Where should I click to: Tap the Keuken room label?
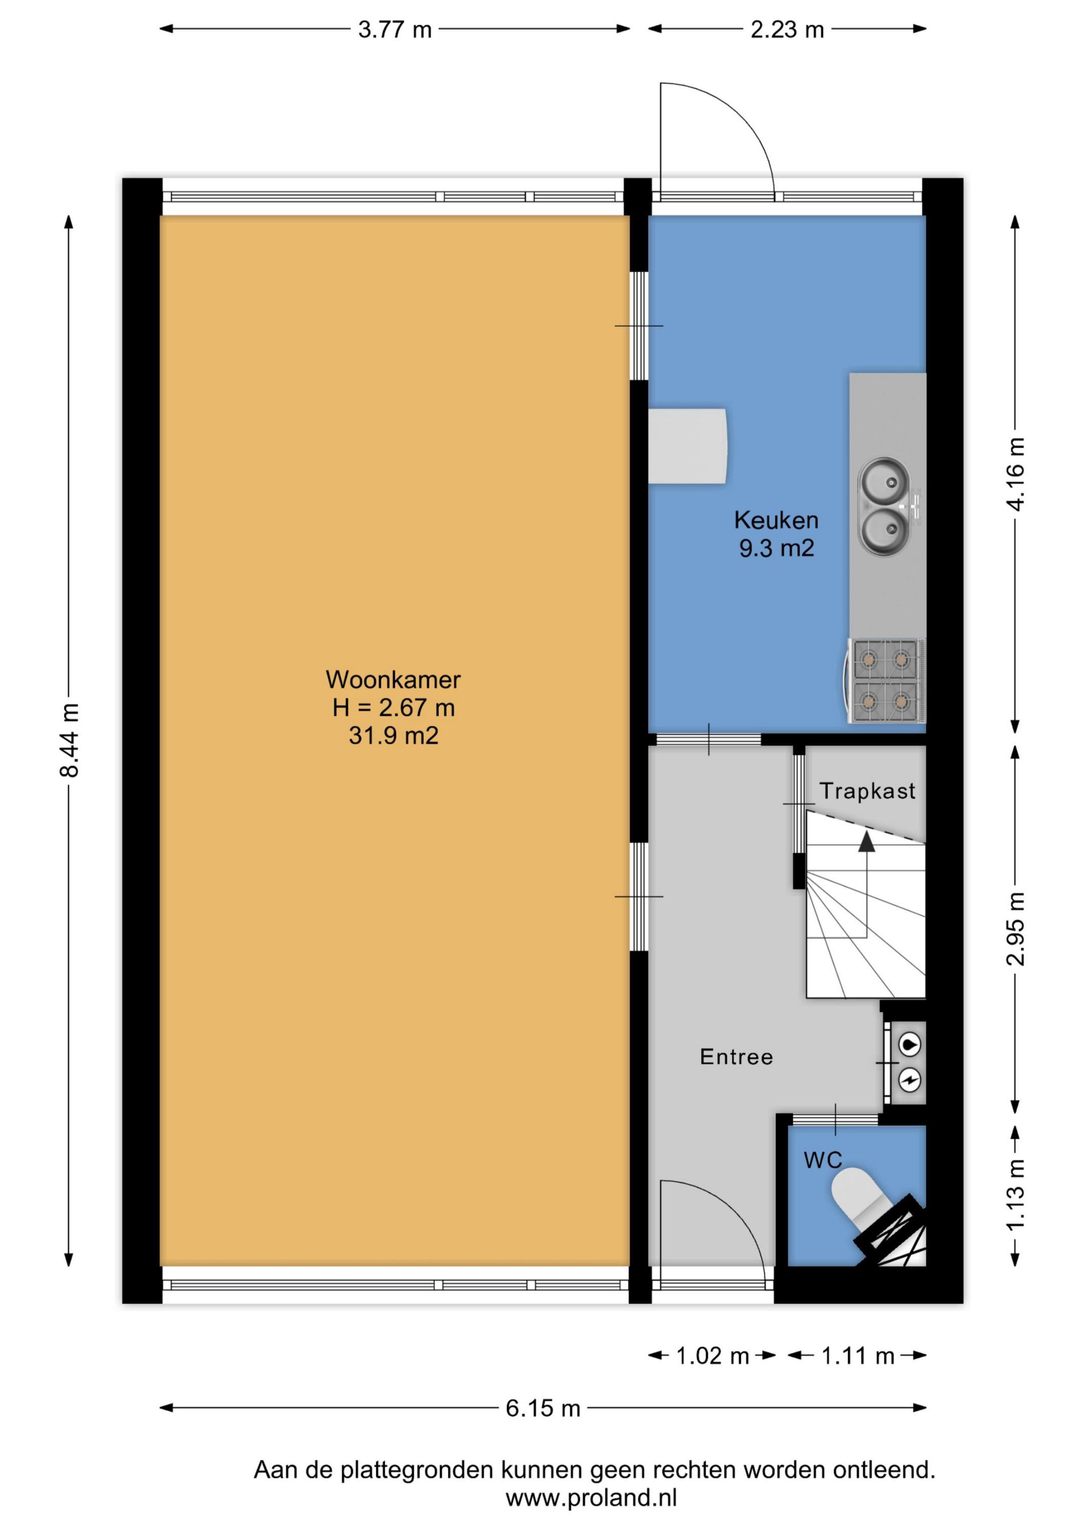click(776, 520)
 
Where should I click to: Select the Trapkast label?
click(867, 791)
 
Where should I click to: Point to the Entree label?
click(736, 1057)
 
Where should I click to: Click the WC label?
click(823, 1160)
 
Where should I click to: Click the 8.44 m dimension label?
click(69, 740)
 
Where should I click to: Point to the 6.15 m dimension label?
click(542, 1409)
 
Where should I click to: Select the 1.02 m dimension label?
click(713, 1355)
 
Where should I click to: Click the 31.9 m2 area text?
click(393, 735)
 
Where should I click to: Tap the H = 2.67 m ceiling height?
click(393, 707)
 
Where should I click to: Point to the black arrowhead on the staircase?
click(866, 842)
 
